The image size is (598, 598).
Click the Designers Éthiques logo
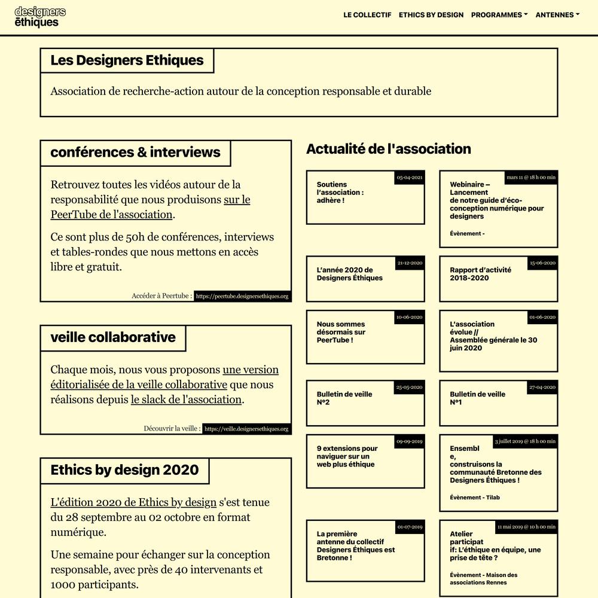click(40, 17)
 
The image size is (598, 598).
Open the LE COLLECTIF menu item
click(367, 15)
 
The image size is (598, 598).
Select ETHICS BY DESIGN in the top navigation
click(431, 15)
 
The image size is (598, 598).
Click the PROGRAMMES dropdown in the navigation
click(499, 15)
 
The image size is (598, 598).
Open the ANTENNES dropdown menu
click(557, 15)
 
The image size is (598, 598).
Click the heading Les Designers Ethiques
click(127, 60)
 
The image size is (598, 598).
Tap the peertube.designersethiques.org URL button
click(242, 296)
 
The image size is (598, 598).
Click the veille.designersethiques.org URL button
click(246, 429)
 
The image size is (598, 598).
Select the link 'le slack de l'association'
click(186, 399)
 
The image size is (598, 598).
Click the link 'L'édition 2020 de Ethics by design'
click(133, 502)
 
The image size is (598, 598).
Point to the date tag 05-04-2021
click(410, 178)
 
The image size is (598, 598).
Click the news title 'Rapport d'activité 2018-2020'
click(480, 274)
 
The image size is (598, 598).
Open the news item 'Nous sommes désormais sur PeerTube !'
click(341, 332)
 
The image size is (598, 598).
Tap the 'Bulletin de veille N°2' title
click(344, 398)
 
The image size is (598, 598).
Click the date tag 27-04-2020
click(542, 388)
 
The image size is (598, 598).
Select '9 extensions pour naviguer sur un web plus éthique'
click(347, 456)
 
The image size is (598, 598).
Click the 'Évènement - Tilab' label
click(475, 498)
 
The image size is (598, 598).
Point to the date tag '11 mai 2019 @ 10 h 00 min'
click(526, 527)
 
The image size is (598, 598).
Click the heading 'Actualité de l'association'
click(389, 149)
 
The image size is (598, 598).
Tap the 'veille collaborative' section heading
click(113, 337)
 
